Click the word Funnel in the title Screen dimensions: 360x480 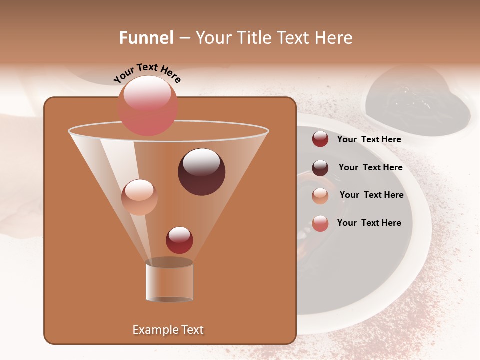(146, 38)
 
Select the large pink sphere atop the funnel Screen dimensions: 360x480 (147, 105)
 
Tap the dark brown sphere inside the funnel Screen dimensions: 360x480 (201, 172)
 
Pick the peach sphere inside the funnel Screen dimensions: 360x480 (139, 197)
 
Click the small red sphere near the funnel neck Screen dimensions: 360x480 (179, 240)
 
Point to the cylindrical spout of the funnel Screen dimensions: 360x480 (169, 281)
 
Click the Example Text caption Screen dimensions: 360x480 (168, 330)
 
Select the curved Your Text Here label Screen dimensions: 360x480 (147, 73)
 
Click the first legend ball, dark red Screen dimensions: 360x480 (320, 139)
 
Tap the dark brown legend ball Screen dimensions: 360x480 (320, 168)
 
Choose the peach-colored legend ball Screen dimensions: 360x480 (320, 196)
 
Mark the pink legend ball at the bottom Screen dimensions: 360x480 (320, 223)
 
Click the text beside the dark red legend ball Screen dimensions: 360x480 (369, 139)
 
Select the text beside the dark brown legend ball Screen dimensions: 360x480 (370, 167)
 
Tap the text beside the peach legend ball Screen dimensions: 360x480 (371, 195)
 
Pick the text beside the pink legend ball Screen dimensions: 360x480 (369, 223)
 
